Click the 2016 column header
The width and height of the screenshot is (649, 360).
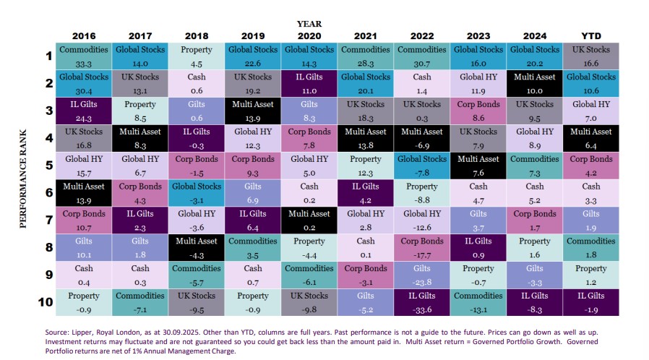(x=85, y=36)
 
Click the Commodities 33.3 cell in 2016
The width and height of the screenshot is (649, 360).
(x=85, y=56)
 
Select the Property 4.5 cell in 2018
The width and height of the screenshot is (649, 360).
(x=197, y=56)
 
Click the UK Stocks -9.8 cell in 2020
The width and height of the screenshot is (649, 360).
(x=309, y=301)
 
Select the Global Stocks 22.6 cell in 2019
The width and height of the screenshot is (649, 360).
(x=253, y=56)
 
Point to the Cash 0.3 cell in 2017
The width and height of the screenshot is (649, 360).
(x=141, y=274)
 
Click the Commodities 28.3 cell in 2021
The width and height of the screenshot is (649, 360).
(x=366, y=56)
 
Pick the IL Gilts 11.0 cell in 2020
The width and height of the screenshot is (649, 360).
(x=309, y=84)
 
